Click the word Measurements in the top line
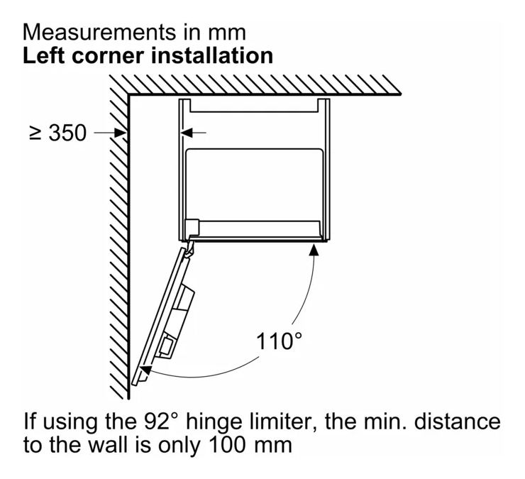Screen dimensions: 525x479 pyautogui.click(x=99, y=33)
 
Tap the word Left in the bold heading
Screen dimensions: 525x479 pyautogui.click(x=43, y=55)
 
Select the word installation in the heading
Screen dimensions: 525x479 pyautogui.click(x=212, y=55)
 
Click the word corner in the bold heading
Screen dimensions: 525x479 pyautogui.click(x=108, y=57)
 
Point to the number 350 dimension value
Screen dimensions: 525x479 pyautogui.click(x=67, y=133)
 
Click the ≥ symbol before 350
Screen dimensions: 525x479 pyautogui.click(x=35, y=133)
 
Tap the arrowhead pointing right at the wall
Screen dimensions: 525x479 pyautogui.click(x=120, y=133)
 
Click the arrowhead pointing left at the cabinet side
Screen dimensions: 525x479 pyautogui.click(x=187, y=133)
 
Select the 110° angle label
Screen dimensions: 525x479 pyautogui.click(x=279, y=341)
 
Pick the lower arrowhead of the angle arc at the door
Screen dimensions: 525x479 pyautogui.click(x=145, y=371)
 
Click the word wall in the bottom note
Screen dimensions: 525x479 pyautogui.click(x=109, y=445)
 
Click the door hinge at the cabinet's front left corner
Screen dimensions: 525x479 pyautogui.click(x=191, y=247)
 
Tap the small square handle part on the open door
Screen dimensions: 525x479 pyautogui.click(x=167, y=344)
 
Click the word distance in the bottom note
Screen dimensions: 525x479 pyautogui.click(x=457, y=421)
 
